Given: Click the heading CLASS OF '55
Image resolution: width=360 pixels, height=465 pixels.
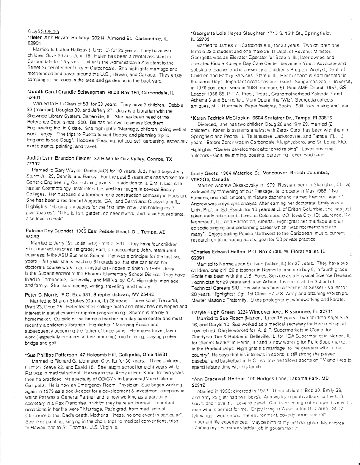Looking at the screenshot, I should coord(42,31).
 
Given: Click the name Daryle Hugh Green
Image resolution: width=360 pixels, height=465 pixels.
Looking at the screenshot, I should coord(215,311).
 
